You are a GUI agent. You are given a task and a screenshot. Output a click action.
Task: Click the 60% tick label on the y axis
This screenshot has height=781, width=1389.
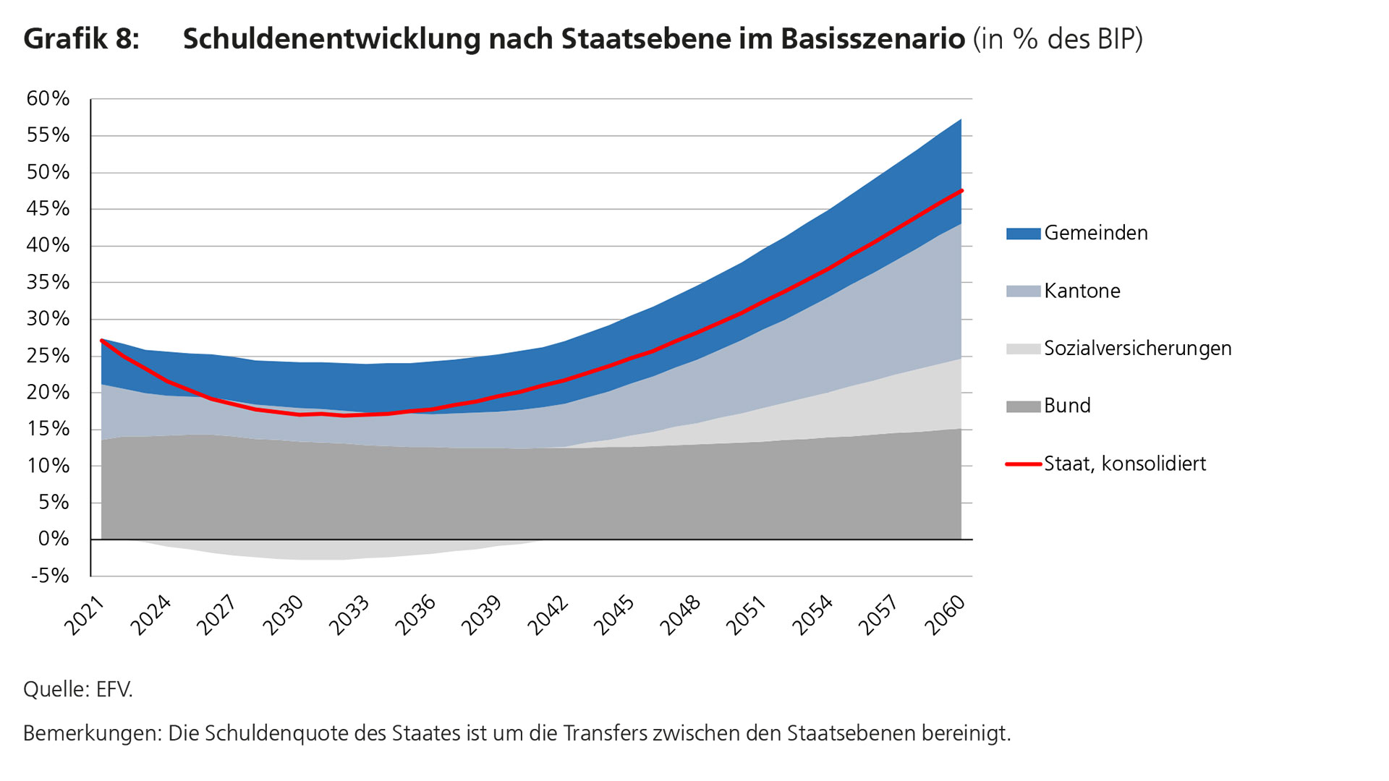pos(48,99)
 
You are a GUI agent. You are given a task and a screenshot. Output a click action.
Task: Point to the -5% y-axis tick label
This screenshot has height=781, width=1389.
pos(50,576)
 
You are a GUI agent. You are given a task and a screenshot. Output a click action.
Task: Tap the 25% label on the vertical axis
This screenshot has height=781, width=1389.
pos(48,356)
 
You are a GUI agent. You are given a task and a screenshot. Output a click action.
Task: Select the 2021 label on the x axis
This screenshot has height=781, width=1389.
pos(85,615)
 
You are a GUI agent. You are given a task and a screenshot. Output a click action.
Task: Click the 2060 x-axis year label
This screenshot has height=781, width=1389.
pos(945,615)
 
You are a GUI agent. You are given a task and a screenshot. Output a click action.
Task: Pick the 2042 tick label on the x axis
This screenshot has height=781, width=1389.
pos(548,615)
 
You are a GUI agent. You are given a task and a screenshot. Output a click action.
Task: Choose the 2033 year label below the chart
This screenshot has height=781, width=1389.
pos(349,615)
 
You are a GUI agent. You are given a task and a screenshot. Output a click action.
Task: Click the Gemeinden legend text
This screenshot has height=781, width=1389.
pos(1095,233)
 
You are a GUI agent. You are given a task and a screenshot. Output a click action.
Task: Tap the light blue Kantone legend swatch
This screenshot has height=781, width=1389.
pos(1023,291)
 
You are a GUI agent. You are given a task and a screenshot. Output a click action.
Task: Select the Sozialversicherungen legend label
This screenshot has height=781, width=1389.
pos(1137,349)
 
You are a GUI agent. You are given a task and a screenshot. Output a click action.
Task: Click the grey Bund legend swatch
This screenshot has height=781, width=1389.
pos(1023,406)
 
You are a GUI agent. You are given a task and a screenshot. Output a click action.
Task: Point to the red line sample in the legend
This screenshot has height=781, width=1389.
pos(1023,464)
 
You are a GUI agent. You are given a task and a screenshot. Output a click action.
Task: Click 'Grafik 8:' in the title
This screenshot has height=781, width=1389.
pos(81,39)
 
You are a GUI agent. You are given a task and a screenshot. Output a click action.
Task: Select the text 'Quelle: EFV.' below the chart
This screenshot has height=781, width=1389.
pos(78,689)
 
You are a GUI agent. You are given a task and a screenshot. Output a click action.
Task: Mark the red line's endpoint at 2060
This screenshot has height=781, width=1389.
pos(961,190)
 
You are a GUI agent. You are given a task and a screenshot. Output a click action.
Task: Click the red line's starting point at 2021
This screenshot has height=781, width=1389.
pos(101,340)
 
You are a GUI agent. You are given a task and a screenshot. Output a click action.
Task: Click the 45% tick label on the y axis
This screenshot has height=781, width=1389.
pos(48,209)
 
